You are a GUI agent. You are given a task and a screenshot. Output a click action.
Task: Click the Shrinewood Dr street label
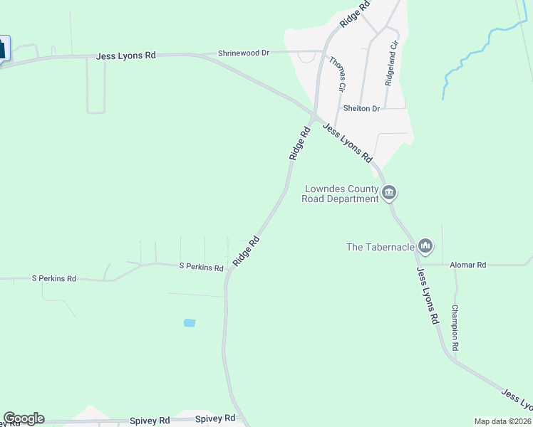pos(244,53)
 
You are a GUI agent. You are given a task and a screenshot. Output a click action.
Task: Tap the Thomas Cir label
pos(337,73)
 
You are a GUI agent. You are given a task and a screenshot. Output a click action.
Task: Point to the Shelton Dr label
pos(362,108)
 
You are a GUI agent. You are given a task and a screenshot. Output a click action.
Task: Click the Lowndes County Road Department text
pos(341,194)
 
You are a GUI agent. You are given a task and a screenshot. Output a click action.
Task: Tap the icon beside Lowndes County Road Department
pos(389,192)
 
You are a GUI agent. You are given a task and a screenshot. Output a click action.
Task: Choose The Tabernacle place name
pos(381,247)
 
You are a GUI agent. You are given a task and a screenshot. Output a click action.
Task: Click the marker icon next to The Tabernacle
pos(425,246)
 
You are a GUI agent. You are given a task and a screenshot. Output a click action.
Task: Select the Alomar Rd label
pos(468,265)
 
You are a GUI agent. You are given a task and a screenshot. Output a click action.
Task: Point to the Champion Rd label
pos(455,327)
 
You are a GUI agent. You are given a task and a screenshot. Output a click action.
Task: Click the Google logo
pos(24,418)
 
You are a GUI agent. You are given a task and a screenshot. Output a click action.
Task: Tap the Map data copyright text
pos(502,421)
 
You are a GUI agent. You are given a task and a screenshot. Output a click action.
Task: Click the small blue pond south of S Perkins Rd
pos(189,322)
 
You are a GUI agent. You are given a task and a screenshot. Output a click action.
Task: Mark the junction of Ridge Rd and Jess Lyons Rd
pos(314,116)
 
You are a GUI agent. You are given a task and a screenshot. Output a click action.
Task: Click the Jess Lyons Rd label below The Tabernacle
pos(427,296)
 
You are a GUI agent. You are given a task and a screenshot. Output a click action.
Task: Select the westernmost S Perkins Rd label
pos(53,278)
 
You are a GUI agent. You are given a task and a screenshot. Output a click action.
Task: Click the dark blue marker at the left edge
pos(3,48)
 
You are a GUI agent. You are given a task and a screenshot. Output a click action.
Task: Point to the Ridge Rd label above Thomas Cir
pos(356,14)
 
